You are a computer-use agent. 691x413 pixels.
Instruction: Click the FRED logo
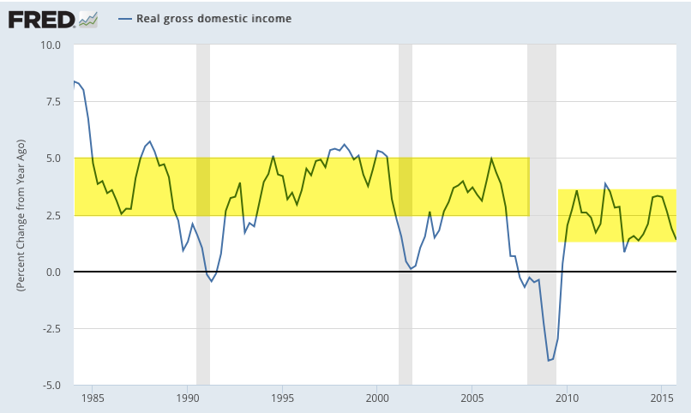click(41, 18)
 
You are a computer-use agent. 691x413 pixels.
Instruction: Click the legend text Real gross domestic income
click(213, 18)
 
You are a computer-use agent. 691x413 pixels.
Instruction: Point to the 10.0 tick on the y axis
click(49, 45)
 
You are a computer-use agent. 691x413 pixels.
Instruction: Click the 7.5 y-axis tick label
click(52, 102)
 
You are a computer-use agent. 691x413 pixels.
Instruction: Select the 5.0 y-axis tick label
click(52, 159)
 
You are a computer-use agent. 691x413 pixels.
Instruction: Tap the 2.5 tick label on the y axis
click(52, 215)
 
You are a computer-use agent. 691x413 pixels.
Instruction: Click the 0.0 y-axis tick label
click(52, 272)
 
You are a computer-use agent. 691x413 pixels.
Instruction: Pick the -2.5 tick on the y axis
click(51, 328)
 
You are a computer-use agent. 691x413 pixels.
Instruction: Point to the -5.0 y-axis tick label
click(51, 386)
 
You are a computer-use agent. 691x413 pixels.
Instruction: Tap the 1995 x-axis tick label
click(283, 398)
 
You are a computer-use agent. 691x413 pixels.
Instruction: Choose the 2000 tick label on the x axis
click(377, 398)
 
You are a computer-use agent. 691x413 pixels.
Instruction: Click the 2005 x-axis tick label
click(472, 398)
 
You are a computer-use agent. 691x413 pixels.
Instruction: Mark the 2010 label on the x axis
click(567, 398)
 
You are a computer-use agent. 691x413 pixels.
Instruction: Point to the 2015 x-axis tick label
click(661, 398)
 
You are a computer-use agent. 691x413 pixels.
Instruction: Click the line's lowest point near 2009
click(549, 361)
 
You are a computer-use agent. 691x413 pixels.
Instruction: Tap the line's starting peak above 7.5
click(75, 81)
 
